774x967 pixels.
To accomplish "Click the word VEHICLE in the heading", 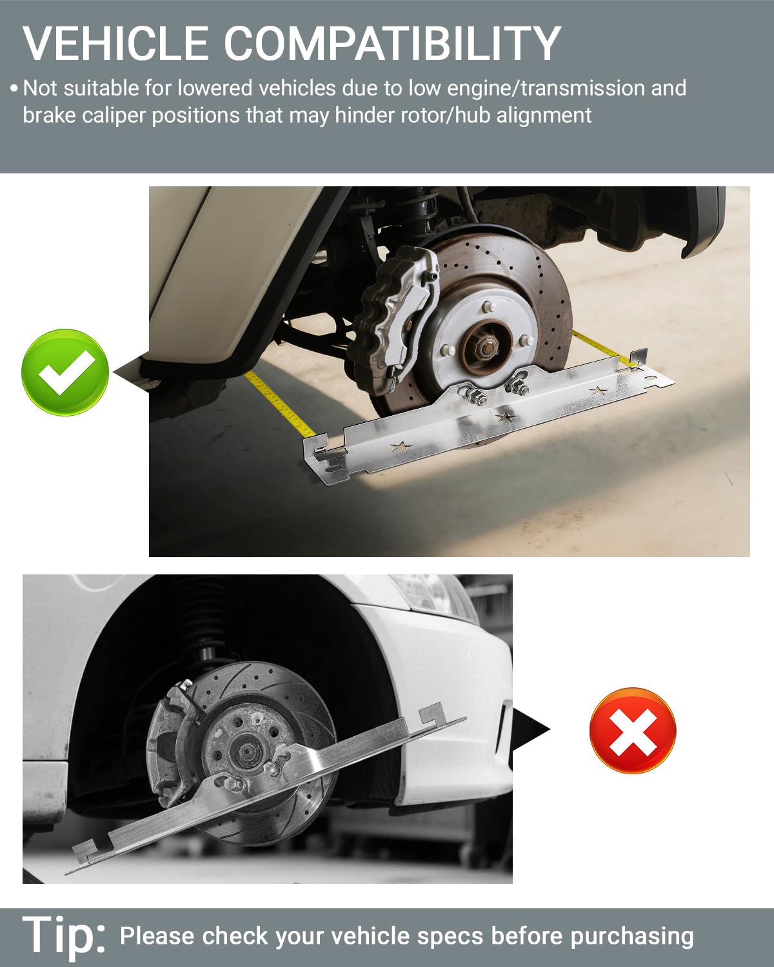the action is pos(115,43).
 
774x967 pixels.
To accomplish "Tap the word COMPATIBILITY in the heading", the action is pos(393,43).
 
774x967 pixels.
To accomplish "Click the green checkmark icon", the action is pos(65,372).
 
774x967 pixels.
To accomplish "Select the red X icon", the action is pos(633,730).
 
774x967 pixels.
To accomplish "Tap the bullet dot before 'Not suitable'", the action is pos(14,88).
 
